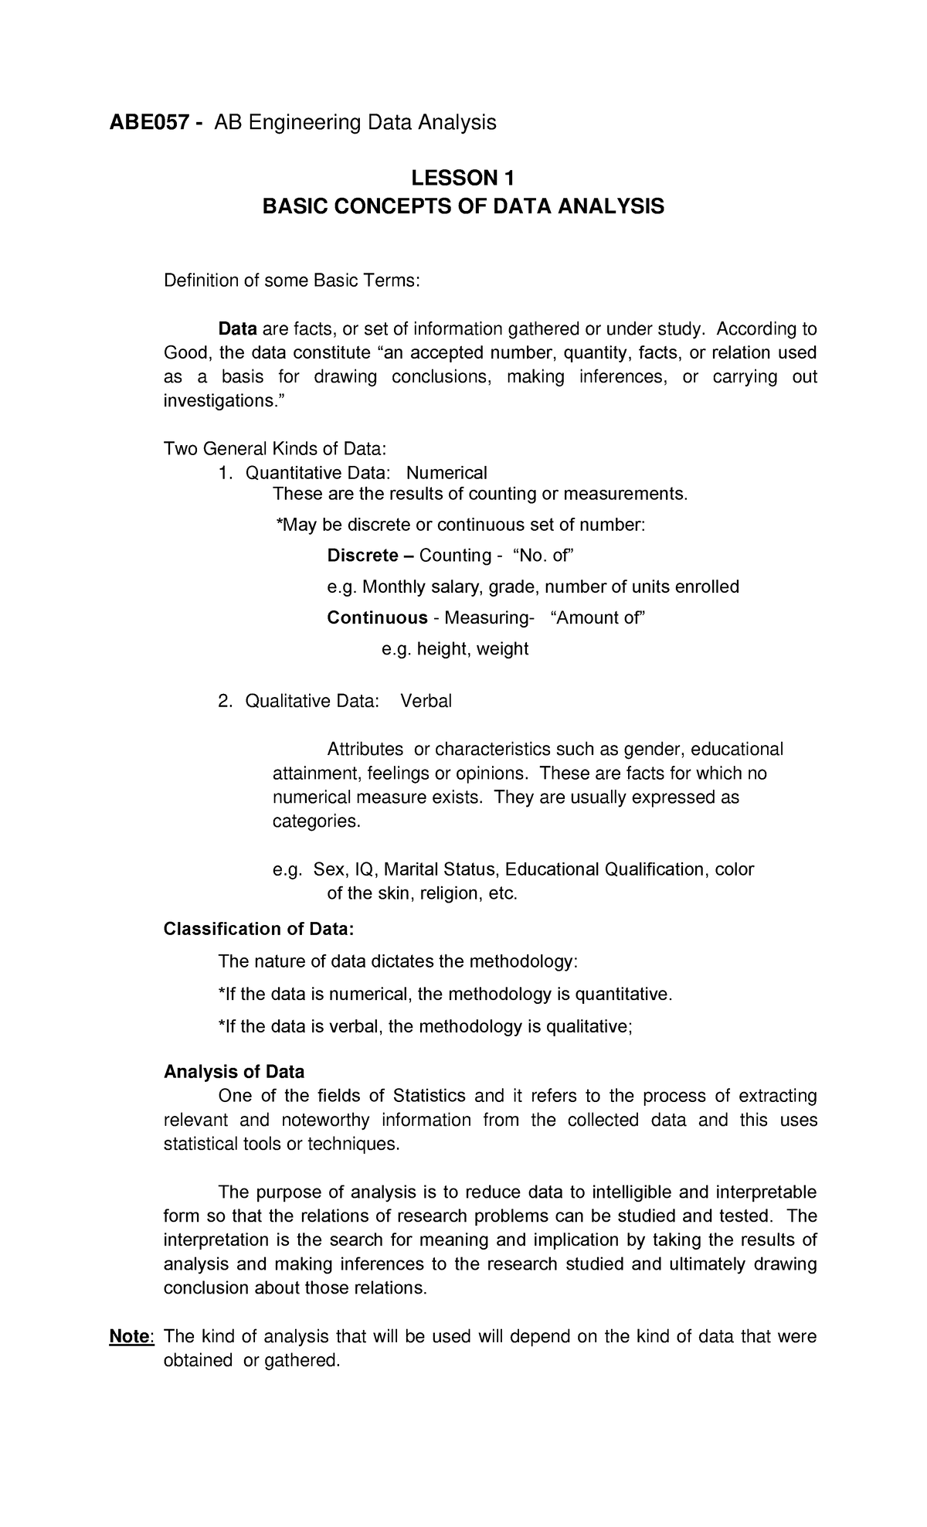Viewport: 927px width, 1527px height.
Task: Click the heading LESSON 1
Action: click(x=462, y=179)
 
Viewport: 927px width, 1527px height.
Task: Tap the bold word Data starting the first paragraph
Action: click(x=237, y=329)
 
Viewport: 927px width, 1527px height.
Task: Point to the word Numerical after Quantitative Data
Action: click(x=447, y=472)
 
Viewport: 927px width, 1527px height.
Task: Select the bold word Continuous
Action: click(x=377, y=617)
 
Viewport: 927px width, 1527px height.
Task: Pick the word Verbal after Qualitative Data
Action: click(x=426, y=701)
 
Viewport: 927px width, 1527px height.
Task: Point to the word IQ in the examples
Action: click(x=365, y=869)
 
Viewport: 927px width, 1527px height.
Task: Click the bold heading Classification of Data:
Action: click(x=259, y=928)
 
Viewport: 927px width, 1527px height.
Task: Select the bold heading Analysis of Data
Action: click(x=234, y=1072)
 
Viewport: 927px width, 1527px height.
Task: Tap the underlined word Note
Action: click(x=131, y=1336)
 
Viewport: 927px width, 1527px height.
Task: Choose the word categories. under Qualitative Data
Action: click(x=317, y=821)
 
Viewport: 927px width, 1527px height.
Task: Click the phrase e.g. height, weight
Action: click(x=455, y=648)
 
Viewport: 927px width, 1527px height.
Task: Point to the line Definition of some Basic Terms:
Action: click(x=292, y=280)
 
